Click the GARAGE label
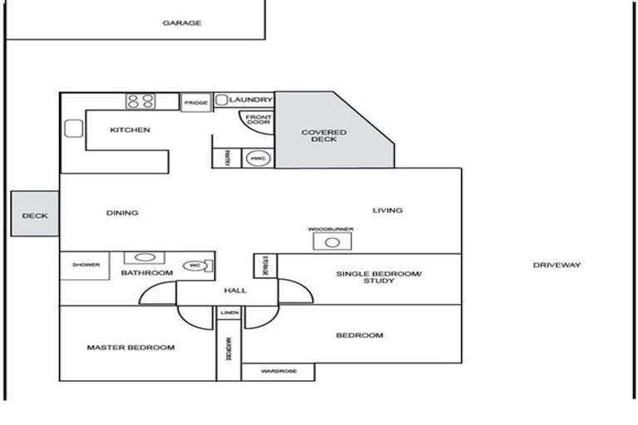tap(181, 23)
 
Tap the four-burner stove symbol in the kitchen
tap(140, 101)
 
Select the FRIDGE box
tap(196, 102)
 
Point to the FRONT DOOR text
tap(258, 120)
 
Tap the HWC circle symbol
tap(256, 158)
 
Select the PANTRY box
tap(227, 158)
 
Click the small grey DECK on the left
tap(35, 215)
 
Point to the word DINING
tap(122, 213)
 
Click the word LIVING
tap(387, 211)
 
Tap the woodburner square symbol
tap(331, 242)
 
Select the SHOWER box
tap(86, 266)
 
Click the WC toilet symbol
tap(197, 266)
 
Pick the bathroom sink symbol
tap(145, 258)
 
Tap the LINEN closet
tap(229, 312)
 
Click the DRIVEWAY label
tap(557, 266)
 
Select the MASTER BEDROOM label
tap(130, 348)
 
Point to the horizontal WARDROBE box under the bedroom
tap(277, 372)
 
